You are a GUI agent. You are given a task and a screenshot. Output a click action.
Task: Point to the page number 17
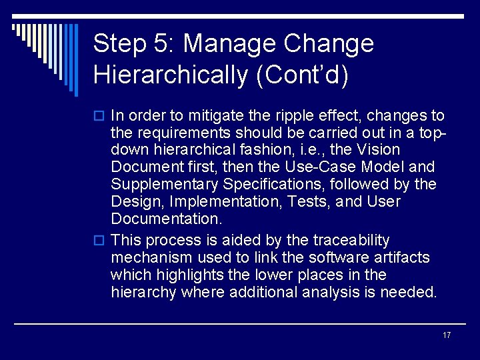click(x=446, y=335)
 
